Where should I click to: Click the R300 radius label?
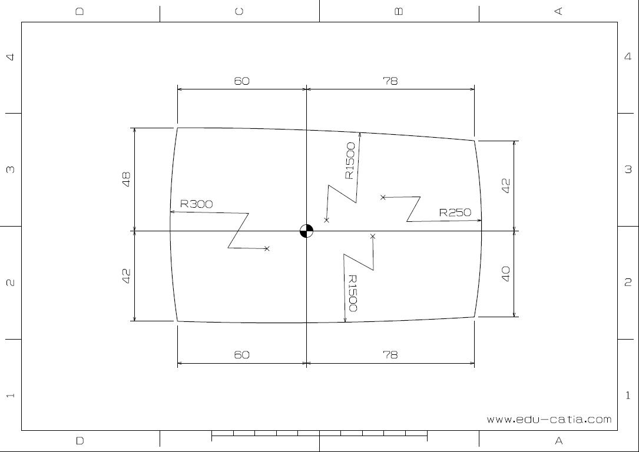196,204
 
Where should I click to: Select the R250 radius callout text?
455,212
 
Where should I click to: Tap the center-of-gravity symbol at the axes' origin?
306,231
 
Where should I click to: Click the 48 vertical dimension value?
126,179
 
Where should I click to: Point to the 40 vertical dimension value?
505,274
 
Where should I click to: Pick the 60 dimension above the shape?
241,81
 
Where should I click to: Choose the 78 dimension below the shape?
390,354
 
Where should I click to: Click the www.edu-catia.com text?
549,420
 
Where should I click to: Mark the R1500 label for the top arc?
350,161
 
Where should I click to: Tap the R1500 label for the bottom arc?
352,293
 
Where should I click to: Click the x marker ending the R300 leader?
267,249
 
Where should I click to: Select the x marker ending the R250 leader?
383,197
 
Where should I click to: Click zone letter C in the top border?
239,11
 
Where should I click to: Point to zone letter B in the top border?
399,11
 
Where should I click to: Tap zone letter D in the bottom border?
80,440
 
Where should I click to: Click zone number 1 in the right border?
628,395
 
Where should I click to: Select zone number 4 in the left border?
10,57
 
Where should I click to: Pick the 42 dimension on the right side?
505,185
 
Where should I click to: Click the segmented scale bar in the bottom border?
319,436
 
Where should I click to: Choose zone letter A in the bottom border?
558,440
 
